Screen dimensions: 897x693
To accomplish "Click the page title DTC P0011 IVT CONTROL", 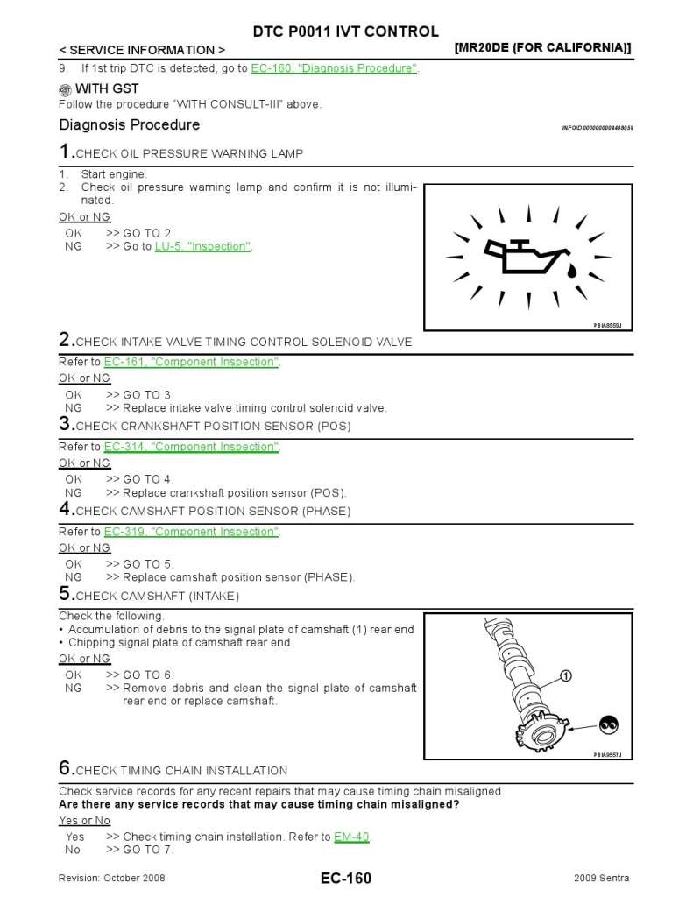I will tap(346, 32).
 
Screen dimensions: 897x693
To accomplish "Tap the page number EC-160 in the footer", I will tap(345, 878).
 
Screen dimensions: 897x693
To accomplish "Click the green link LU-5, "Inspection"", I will tap(203, 246).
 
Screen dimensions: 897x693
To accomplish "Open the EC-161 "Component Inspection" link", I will tap(191, 362).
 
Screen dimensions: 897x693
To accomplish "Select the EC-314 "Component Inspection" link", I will tap(191, 447).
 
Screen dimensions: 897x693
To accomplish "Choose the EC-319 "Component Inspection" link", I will tap(191, 532).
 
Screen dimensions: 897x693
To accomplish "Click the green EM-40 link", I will tap(352, 837).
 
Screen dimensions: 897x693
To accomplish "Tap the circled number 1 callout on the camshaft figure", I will tap(565, 675).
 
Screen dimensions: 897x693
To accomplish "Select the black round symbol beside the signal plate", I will tap(608, 724).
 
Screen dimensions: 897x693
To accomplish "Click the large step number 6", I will tap(65, 767).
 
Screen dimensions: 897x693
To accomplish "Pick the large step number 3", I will tap(65, 424).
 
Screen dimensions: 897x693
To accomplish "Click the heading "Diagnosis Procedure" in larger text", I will tap(129, 124).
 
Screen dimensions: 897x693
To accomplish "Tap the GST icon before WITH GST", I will tap(65, 89).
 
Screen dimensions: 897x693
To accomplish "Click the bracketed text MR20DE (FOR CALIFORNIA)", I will tap(543, 48).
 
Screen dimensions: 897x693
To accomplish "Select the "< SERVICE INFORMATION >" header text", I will tap(142, 50).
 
